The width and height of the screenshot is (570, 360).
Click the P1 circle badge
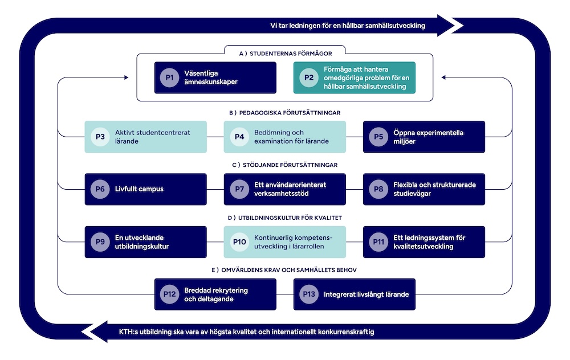coord(169,77)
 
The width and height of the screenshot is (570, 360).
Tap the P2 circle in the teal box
coord(308,77)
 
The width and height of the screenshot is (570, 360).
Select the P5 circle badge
coord(378,137)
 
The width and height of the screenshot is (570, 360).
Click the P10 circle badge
coord(239,242)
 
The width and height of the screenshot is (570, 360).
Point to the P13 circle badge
coord(308,294)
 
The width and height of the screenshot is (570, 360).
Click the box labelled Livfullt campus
coord(145,189)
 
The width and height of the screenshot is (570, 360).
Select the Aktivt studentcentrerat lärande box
coord(145,137)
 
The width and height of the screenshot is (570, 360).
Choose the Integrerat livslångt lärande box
coord(354,294)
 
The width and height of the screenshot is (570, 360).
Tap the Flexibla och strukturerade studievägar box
coord(424,189)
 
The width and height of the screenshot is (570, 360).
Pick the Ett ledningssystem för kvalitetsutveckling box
coord(424,242)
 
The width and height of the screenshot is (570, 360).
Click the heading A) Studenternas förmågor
coord(285,54)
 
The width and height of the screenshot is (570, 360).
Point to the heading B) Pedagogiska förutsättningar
coord(285,113)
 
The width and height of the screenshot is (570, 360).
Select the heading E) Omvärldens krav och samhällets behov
coord(285,270)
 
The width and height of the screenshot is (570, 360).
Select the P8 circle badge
coord(378,189)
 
